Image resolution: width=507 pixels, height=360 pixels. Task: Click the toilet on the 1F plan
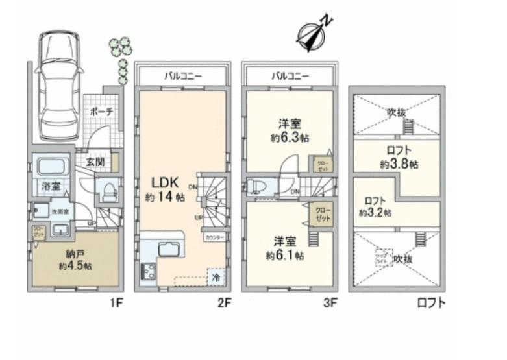107,191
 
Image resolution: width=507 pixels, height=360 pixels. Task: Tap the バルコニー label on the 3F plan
290,76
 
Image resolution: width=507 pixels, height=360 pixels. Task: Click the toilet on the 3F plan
254,187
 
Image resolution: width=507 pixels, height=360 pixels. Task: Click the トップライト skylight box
381,258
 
